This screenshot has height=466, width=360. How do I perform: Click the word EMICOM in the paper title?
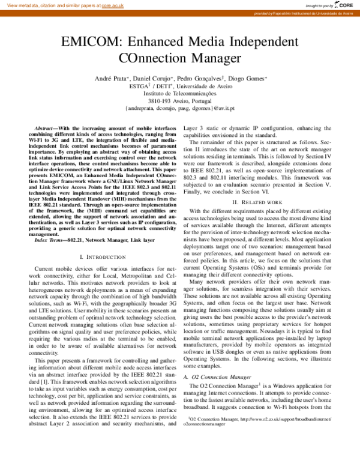pos(91,43)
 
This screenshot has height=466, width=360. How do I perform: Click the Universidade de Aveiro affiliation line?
pos(181,87)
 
